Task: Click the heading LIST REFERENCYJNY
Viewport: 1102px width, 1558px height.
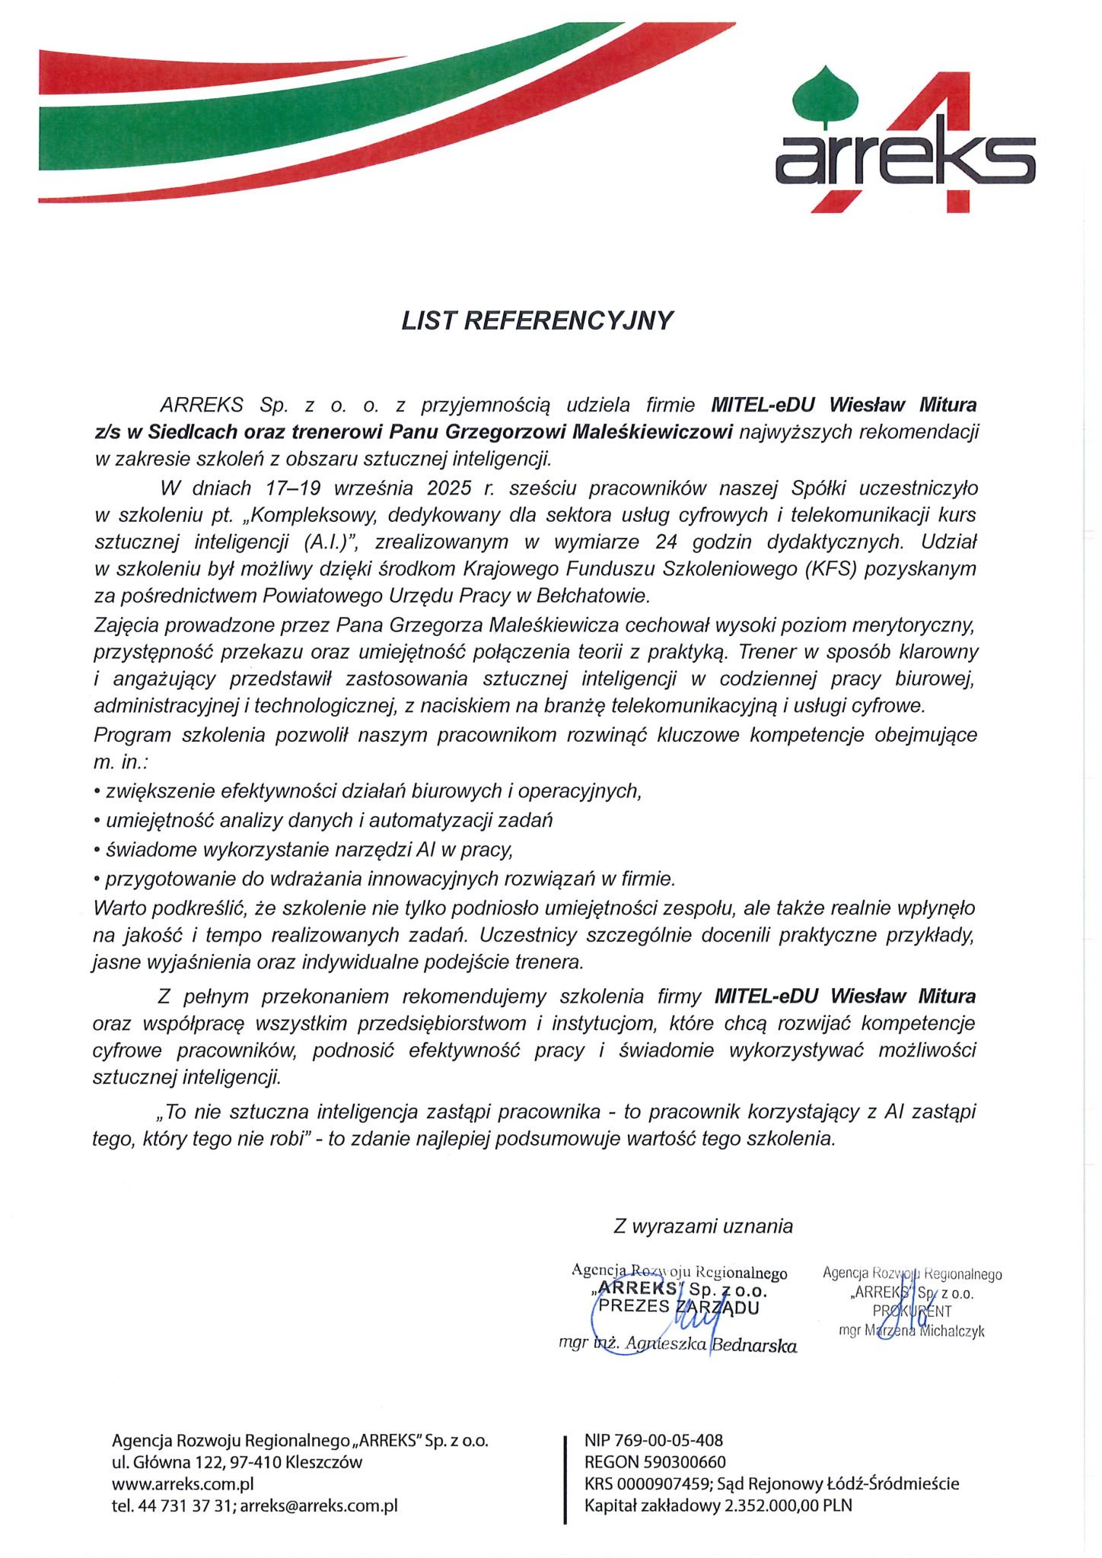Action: [537, 320]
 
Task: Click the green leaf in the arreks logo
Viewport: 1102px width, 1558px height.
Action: [825, 95]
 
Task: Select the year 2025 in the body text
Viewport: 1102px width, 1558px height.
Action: [449, 488]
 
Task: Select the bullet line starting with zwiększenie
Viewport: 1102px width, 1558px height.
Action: [368, 791]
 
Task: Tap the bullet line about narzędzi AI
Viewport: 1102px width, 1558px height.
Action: [304, 849]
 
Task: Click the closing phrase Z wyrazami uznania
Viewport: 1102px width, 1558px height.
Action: [703, 1226]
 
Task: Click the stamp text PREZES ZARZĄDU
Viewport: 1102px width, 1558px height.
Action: [679, 1307]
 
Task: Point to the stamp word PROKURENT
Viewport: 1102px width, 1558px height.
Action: [912, 1311]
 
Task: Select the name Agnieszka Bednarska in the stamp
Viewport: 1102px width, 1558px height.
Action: [709, 1345]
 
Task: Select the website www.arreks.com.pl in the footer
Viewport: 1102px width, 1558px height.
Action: [183, 1483]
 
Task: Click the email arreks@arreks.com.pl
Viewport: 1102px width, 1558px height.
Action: [319, 1506]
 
